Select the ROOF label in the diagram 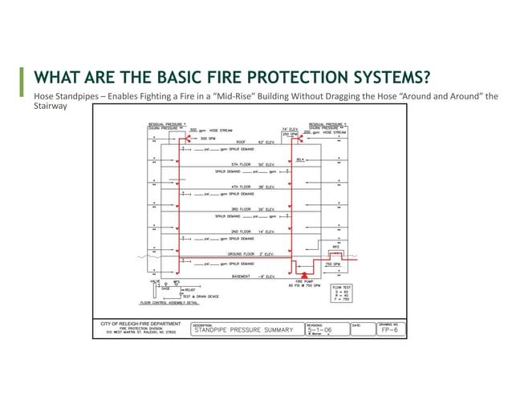tap(240, 142)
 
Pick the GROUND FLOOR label tap(240, 254)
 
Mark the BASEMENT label tap(243, 276)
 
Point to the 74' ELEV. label tap(290, 128)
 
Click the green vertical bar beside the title tap(22, 79)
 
